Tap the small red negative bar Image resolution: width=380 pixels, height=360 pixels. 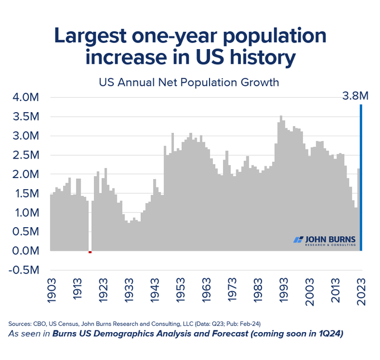pos(90,252)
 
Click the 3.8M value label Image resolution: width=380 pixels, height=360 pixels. pos(355,97)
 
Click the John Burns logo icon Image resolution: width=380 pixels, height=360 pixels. pos(298,239)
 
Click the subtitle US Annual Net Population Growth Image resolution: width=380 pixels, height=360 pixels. pos(189,83)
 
